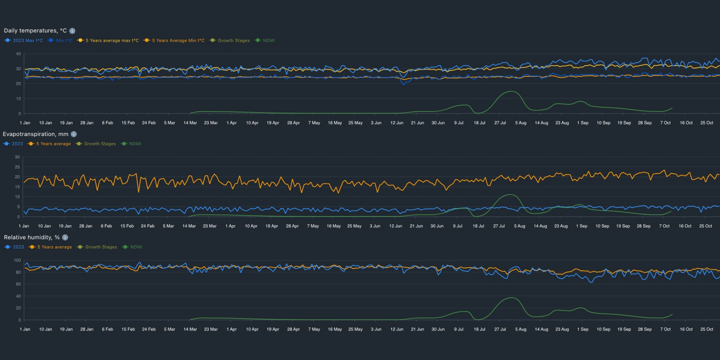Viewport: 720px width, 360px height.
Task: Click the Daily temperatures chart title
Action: point(35,31)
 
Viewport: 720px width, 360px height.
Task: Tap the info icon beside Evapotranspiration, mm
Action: point(74,134)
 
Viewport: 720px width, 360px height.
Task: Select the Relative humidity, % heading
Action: point(32,237)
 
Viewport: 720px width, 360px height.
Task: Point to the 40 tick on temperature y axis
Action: point(18,54)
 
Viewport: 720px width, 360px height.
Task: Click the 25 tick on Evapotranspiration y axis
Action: point(17,167)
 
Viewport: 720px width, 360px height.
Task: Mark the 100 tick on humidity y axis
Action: point(17,260)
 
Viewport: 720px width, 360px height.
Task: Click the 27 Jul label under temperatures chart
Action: point(500,123)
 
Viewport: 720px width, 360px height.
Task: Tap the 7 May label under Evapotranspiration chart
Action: point(313,226)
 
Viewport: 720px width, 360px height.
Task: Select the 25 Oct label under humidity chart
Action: point(707,329)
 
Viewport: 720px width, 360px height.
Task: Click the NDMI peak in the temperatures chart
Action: point(511,92)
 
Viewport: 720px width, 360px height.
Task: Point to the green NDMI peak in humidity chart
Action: point(511,298)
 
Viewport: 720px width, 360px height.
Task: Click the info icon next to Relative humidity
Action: point(65,237)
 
